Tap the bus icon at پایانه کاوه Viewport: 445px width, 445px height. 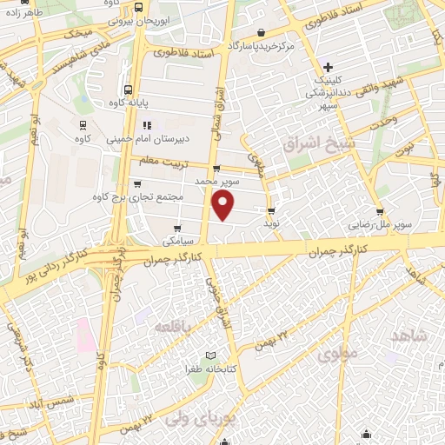[129, 89]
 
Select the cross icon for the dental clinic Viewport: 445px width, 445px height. [328, 67]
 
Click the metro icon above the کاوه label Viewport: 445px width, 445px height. [83, 124]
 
